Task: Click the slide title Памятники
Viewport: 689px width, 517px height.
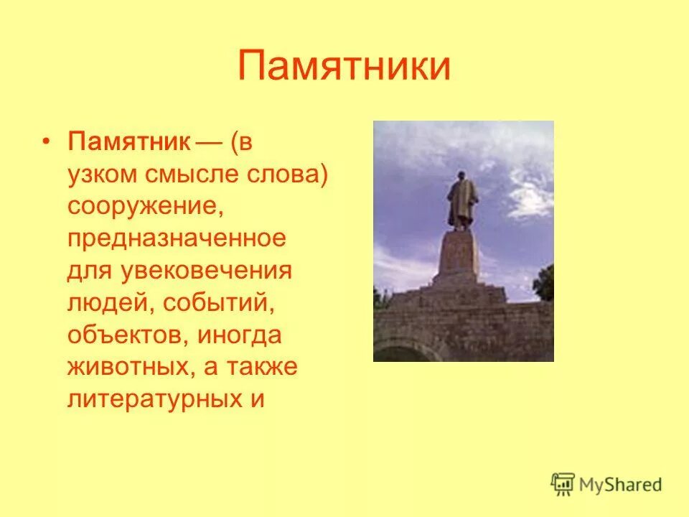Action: click(344, 66)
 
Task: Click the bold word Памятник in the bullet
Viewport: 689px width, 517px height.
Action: click(129, 141)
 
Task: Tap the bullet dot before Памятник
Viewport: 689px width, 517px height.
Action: click(46, 141)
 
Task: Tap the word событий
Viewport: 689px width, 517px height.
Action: click(220, 303)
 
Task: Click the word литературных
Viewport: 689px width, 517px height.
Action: click(155, 399)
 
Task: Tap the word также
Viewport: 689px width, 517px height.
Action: click(261, 368)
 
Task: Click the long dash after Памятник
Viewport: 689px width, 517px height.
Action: click(208, 141)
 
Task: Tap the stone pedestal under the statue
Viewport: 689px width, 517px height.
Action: click(459, 255)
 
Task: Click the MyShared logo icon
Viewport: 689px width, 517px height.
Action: click(563, 484)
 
